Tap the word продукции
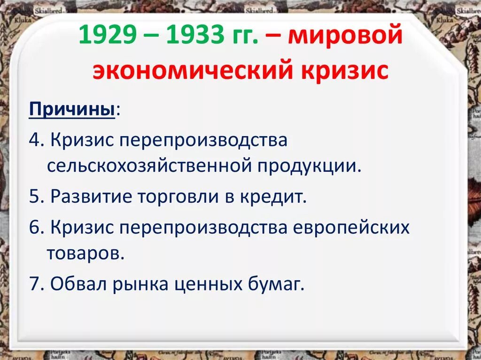tap(310, 166)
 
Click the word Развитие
tap(90, 196)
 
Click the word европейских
tap(351, 228)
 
